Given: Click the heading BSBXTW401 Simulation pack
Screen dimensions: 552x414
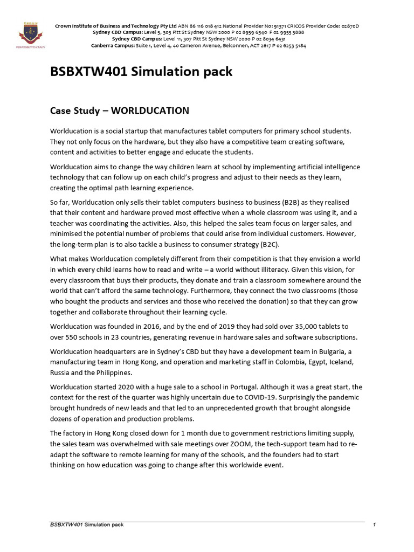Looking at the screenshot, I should click(x=141, y=72).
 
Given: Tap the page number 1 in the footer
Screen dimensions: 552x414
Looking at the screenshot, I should click(x=374, y=525).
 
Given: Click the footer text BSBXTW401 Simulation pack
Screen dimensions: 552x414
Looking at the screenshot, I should click(x=86, y=525).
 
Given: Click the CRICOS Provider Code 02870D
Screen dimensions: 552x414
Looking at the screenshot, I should click(x=343, y=26).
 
